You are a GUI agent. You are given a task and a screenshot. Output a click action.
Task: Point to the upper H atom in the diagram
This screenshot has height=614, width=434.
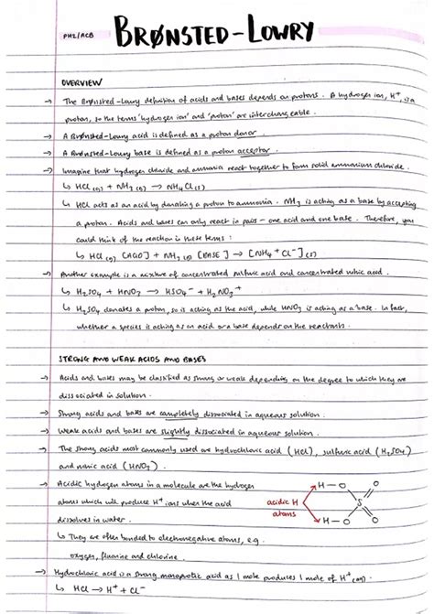[x=320, y=486]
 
